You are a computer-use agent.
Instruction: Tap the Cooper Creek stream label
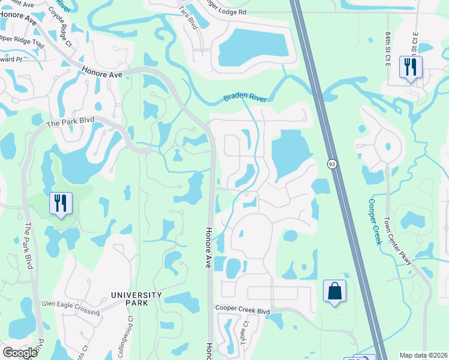(x=375, y=222)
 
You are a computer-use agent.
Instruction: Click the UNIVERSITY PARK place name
(x=136, y=299)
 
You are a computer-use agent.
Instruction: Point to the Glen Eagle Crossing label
(x=70, y=304)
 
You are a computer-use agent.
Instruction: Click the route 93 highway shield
(x=331, y=163)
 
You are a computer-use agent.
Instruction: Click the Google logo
(x=20, y=353)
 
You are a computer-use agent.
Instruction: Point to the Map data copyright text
(x=423, y=355)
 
